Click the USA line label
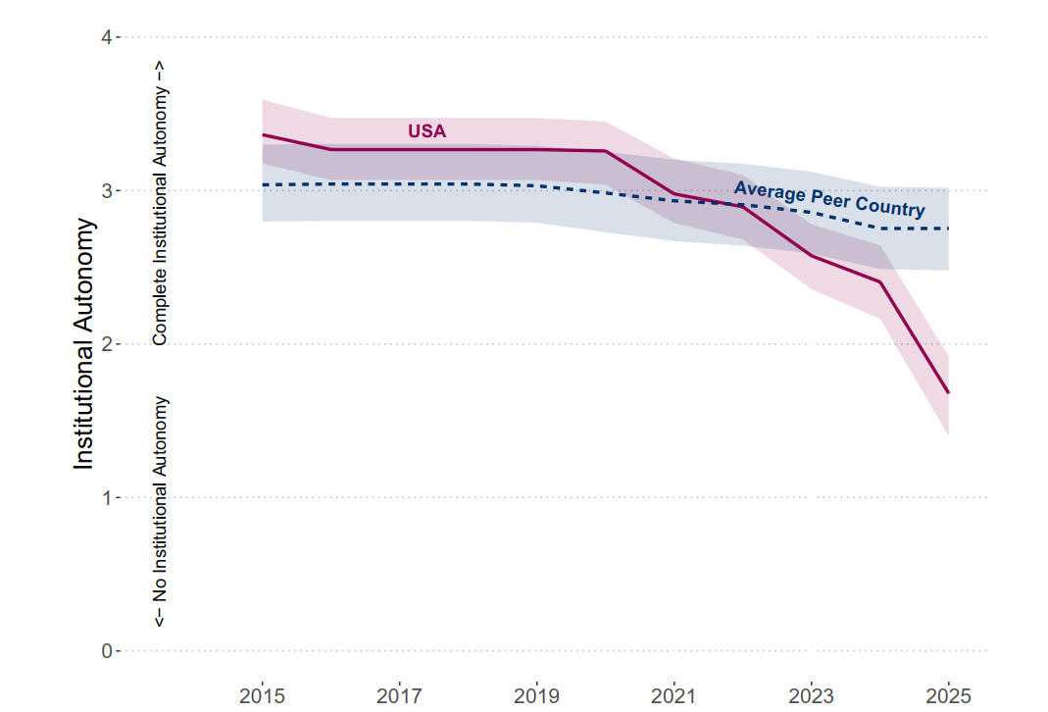(426, 131)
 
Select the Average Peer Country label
(829, 199)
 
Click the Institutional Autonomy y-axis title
(85, 344)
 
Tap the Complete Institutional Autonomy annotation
(161, 203)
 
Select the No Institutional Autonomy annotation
(161, 512)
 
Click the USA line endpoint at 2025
(948, 392)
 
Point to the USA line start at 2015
(263, 134)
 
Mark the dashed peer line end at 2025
(948, 229)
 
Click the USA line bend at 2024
(879, 281)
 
